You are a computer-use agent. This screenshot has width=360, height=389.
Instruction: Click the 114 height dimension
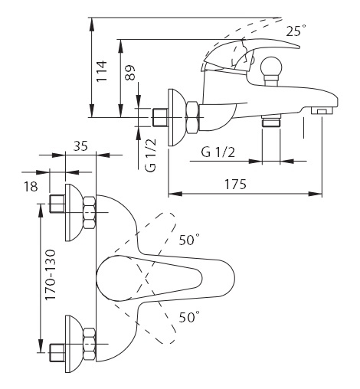[101, 71]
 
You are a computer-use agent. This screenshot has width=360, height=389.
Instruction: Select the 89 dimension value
[130, 73]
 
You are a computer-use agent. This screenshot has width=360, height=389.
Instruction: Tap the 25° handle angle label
[296, 31]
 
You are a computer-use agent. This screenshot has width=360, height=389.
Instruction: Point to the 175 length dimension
[235, 185]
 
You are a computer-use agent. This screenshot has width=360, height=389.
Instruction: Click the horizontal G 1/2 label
[218, 152]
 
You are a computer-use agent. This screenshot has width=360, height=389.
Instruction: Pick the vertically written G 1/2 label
[150, 155]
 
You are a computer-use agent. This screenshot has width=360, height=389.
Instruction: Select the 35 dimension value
[80, 146]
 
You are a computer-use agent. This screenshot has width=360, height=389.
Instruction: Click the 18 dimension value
[31, 186]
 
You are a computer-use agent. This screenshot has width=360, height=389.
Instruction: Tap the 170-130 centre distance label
[50, 275]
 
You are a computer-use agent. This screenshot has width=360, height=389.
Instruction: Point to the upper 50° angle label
[189, 240]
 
